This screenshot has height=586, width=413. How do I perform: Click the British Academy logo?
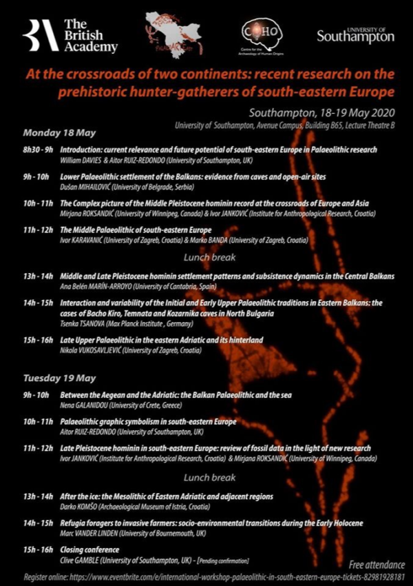coord(70,36)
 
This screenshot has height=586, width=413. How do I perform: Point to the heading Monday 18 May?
coord(59,133)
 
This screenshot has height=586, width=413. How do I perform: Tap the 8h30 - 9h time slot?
coord(39,150)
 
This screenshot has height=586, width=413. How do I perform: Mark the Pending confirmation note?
coord(222,560)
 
